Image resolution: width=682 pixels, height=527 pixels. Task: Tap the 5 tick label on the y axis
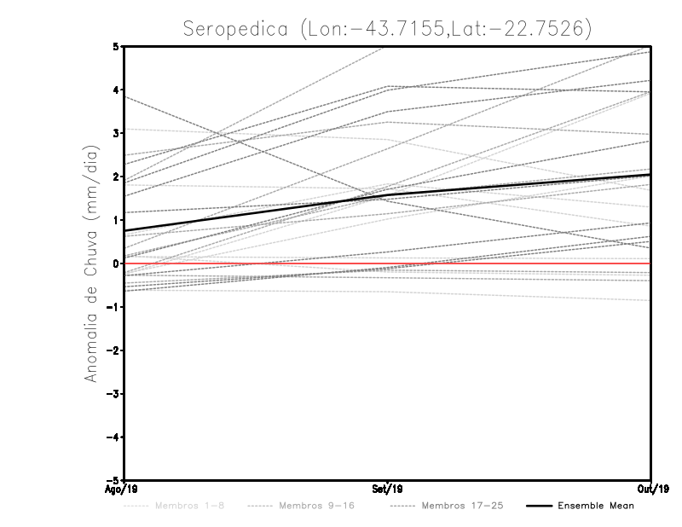pyautogui.click(x=115, y=47)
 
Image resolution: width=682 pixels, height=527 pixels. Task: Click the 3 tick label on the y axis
pyautogui.click(x=115, y=134)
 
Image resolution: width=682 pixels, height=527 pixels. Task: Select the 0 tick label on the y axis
pyautogui.click(x=115, y=263)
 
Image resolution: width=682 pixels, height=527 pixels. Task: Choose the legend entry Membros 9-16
pyautogui.click(x=316, y=507)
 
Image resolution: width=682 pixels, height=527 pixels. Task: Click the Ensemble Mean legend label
pyautogui.click(x=596, y=507)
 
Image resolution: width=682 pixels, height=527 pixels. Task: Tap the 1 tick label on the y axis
pyautogui.click(x=115, y=220)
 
